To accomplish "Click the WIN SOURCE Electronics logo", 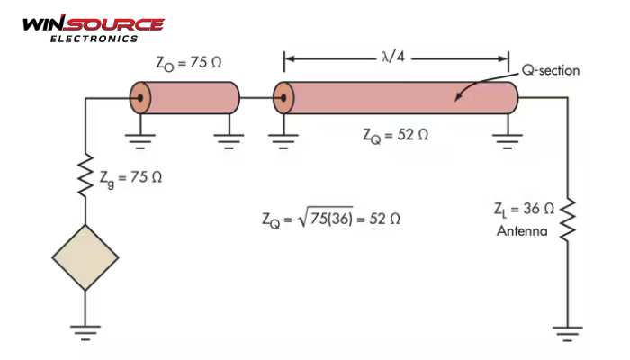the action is (x=94, y=29).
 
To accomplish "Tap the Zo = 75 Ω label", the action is (x=189, y=64).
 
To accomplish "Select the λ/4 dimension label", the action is (x=393, y=57).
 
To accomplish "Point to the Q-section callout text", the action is (x=551, y=70).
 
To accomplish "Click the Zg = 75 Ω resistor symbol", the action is (x=85, y=175).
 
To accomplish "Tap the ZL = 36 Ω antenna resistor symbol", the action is (x=568, y=220).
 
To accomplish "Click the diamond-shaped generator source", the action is (x=85, y=257).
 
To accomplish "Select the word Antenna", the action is (x=522, y=231).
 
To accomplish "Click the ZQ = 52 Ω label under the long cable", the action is (x=395, y=135).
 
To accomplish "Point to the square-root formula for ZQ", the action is (x=331, y=220).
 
